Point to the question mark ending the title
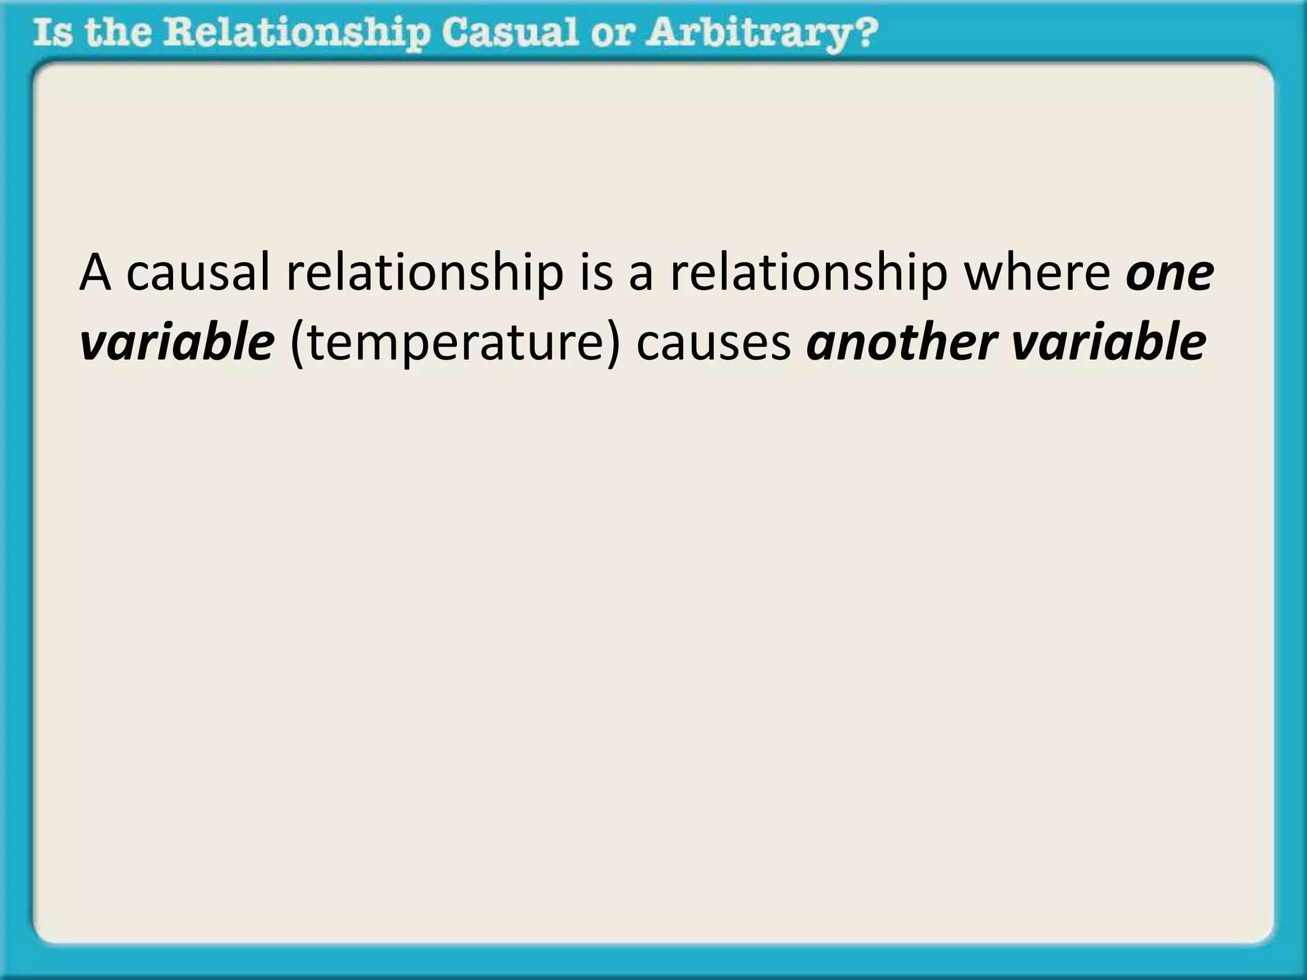point(864,33)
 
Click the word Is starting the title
point(52,33)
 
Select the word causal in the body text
point(198,272)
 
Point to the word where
point(1037,272)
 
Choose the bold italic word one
point(1170,274)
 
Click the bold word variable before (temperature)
point(177,343)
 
